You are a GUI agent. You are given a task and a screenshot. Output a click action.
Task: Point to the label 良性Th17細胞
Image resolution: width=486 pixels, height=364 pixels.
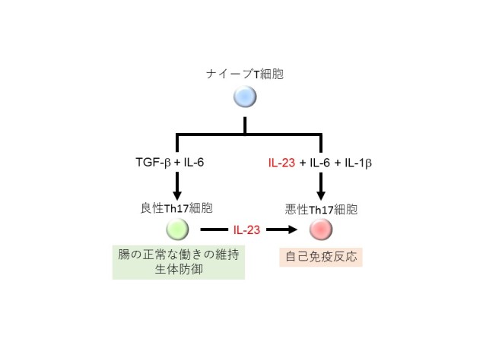point(177,207)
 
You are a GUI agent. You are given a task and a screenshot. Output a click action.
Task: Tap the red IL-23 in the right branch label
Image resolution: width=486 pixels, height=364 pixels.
point(282,163)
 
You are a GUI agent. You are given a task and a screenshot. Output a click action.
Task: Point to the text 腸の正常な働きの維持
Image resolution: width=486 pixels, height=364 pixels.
point(178,255)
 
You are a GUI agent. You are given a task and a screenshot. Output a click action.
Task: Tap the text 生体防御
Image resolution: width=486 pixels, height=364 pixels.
point(178,270)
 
